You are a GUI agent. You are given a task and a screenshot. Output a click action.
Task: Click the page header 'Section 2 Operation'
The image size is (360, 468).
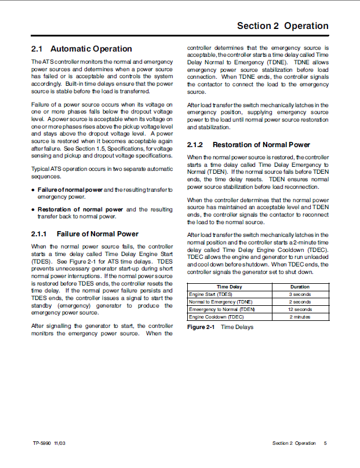click(x=282, y=26)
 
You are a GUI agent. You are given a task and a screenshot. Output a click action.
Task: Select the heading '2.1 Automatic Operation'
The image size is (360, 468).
click(x=81, y=49)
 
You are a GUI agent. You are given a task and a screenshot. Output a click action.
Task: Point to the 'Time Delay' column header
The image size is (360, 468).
click(x=230, y=287)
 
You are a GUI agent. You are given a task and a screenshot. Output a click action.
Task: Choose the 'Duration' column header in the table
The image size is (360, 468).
click(x=300, y=287)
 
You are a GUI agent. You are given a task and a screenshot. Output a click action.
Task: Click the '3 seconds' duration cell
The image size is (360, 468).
click(x=300, y=294)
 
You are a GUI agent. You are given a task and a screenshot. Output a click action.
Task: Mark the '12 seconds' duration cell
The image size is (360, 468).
click(x=300, y=309)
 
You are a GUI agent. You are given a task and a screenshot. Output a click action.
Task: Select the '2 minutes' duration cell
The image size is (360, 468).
click(x=300, y=317)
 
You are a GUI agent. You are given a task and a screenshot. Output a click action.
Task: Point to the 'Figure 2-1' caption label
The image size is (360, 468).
click(x=201, y=327)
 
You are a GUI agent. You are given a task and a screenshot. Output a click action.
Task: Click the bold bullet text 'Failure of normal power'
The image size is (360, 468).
click(x=70, y=190)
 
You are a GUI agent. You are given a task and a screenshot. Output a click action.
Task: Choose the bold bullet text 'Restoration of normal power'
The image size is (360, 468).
click(x=80, y=210)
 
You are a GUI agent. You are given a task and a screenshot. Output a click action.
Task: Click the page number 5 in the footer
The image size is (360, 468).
click(x=325, y=443)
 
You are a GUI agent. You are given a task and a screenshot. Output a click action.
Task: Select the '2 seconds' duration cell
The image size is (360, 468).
click(x=300, y=302)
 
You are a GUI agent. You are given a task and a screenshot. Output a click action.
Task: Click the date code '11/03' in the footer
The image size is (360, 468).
click(x=60, y=443)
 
